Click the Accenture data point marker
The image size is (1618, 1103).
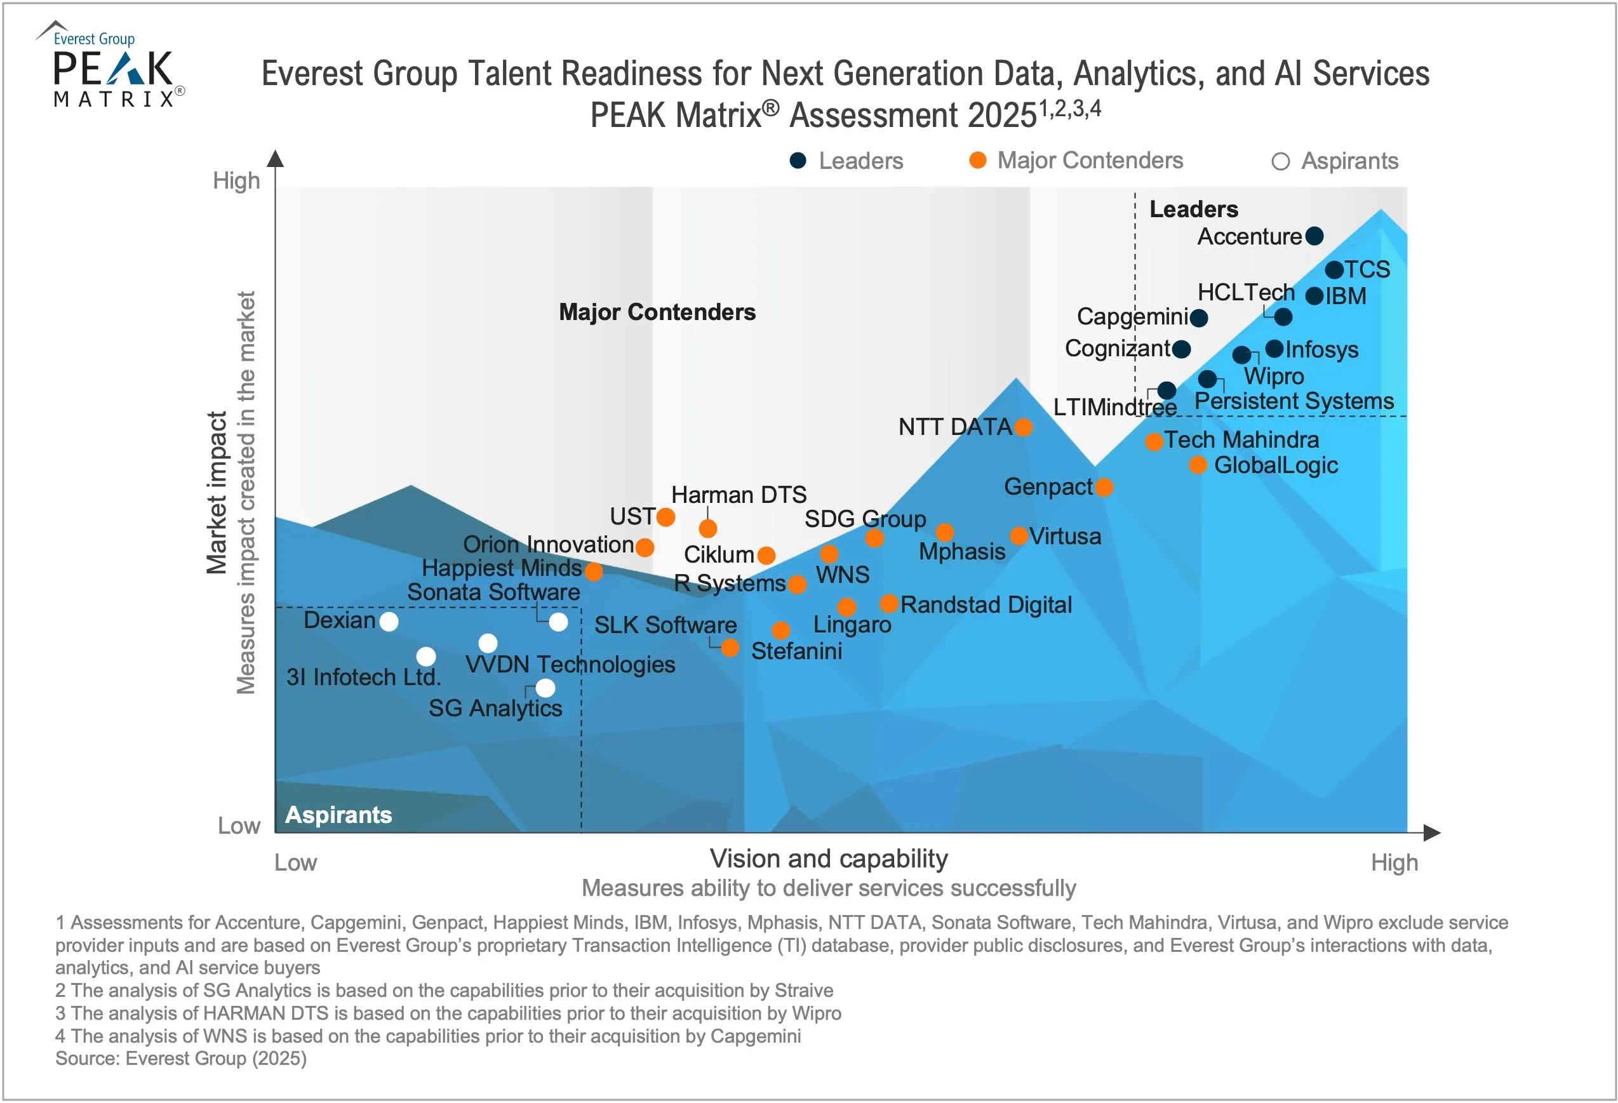1314,236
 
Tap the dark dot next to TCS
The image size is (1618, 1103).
1334,269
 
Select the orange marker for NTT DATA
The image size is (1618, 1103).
1023,427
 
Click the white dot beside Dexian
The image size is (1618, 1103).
389,621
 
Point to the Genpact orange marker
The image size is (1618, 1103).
1104,487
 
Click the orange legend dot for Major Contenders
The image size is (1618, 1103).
977,160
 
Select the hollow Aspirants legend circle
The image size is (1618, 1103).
1280,161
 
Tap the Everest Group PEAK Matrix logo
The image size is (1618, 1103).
111,66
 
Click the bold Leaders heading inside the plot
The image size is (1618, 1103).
1193,209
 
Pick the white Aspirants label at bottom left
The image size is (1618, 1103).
338,814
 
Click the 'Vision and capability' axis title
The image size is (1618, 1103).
829,859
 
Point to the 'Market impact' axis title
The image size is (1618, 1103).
217,492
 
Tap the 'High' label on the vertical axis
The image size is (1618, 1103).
236,180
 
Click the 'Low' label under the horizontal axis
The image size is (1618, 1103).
295,862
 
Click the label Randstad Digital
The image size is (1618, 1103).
985,605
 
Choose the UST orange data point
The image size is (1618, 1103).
665,517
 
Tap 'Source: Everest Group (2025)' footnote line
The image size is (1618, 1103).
181,1058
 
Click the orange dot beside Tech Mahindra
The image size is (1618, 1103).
1154,441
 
